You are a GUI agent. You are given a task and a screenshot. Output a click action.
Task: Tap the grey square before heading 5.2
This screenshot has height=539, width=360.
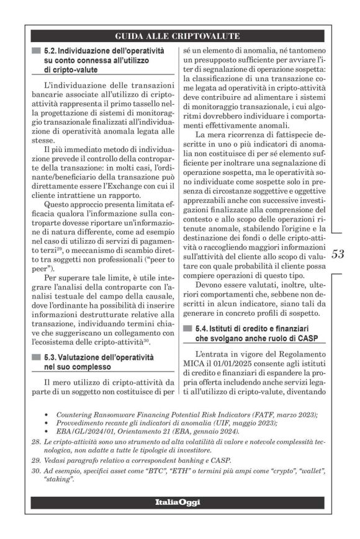coord(37,50)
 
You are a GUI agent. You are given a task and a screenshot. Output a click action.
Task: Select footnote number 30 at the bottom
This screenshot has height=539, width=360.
coord(35,471)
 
